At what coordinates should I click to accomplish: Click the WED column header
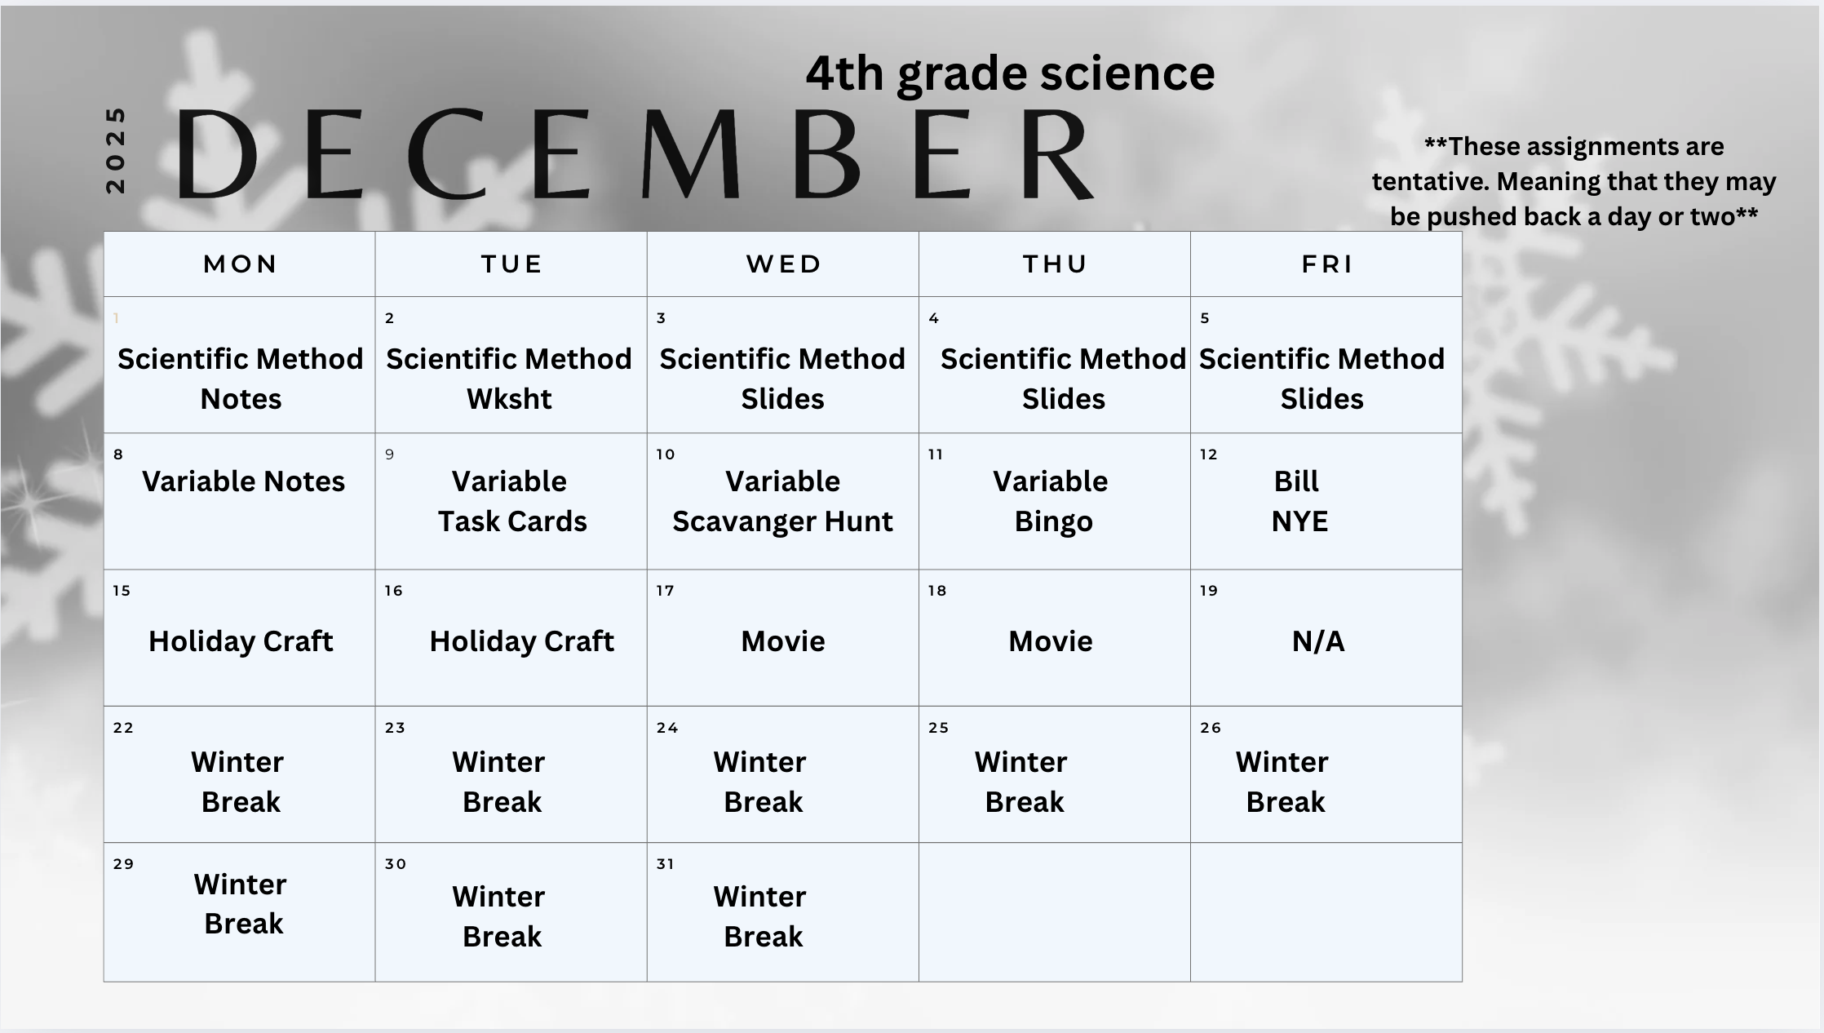click(x=783, y=264)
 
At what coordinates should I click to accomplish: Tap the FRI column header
click(x=1327, y=264)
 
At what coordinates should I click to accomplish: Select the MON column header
click(x=240, y=264)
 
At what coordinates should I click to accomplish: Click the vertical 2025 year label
click(x=116, y=150)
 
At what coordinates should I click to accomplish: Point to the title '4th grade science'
click(x=1010, y=73)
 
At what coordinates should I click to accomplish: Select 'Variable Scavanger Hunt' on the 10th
click(x=782, y=501)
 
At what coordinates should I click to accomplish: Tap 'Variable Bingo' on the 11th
click(x=1051, y=501)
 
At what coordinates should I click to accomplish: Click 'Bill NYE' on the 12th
click(x=1299, y=501)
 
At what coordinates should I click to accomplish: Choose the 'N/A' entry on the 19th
click(x=1318, y=641)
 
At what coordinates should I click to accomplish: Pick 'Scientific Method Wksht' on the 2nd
click(x=509, y=379)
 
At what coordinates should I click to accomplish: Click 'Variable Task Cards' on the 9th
click(x=511, y=501)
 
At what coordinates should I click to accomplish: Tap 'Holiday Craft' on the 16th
click(x=521, y=641)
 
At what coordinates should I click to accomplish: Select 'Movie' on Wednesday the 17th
click(x=783, y=641)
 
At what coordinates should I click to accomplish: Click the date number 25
click(x=938, y=728)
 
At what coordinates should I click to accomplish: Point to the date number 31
click(x=666, y=864)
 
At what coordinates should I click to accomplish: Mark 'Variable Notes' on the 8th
click(x=243, y=481)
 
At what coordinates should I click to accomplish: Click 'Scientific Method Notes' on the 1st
click(x=241, y=379)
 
